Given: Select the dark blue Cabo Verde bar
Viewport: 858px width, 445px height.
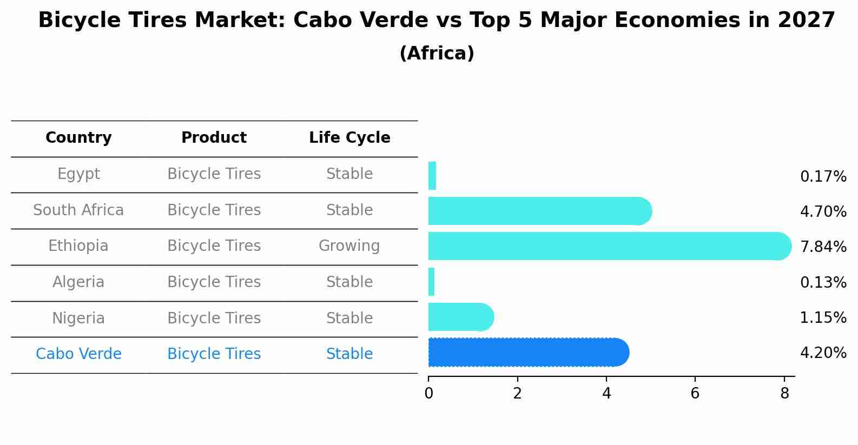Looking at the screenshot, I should coord(527,353).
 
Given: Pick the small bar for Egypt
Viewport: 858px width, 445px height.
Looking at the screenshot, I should coord(432,176).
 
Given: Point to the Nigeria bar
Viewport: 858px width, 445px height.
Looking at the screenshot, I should coord(460,317).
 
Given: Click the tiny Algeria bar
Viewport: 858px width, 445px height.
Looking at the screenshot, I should coord(432,282).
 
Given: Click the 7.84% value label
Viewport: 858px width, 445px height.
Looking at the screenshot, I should coord(823,247).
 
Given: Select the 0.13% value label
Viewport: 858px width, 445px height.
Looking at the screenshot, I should coord(823,283).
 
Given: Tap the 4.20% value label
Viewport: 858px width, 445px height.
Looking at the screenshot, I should coord(823,353).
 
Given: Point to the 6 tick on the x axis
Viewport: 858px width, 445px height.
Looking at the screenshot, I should coord(695,393).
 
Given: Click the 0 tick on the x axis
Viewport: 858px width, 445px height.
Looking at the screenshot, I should coord(428,393).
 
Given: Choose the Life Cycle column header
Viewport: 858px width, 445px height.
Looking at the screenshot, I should coord(349,138).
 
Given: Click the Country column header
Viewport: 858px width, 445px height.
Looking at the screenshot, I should coord(78,138).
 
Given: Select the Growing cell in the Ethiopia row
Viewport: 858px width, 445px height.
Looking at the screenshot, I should coord(349,246).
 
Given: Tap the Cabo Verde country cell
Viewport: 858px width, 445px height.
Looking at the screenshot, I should coord(78,354).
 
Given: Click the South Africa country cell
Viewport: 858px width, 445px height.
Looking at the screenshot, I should coord(78,210).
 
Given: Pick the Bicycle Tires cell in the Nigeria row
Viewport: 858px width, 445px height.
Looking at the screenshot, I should coord(214,318).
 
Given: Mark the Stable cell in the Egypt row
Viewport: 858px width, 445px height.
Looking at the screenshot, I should coord(349,174).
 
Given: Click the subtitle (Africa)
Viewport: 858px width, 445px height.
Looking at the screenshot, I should coord(437,54).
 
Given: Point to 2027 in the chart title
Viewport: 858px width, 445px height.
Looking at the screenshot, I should coord(806,21).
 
